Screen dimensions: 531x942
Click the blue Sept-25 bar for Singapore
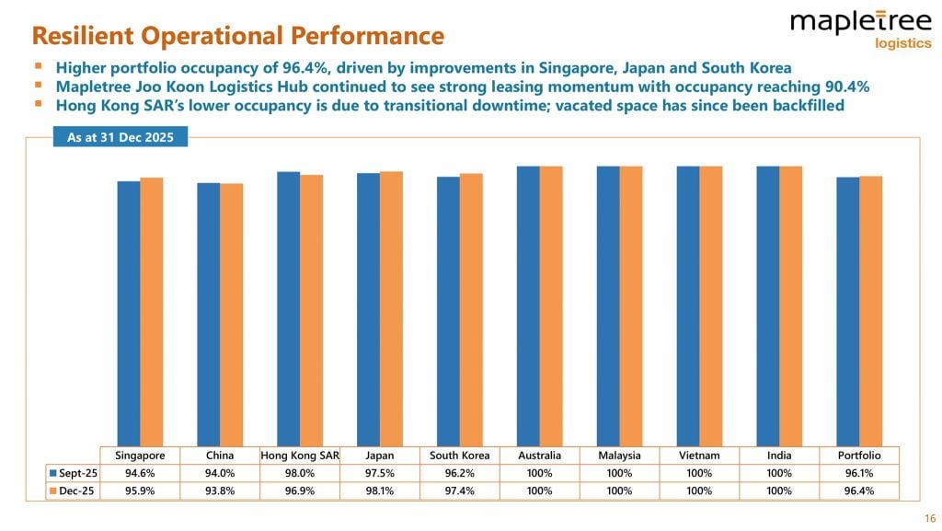(x=128, y=313)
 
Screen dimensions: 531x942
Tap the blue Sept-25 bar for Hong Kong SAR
(x=288, y=308)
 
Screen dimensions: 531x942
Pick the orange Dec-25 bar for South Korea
(x=471, y=309)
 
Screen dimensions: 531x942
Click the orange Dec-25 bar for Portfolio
(x=870, y=311)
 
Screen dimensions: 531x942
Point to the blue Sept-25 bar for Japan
(x=368, y=309)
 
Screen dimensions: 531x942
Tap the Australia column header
(x=539, y=456)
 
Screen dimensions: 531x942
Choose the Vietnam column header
(x=699, y=456)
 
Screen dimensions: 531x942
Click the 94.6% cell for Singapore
(x=140, y=473)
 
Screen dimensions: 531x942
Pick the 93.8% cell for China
(x=220, y=491)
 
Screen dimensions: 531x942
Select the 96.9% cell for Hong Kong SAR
(x=300, y=491)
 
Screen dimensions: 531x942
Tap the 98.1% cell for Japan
(x=380, y=491)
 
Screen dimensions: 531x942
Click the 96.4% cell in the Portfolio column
(x=859, y=491)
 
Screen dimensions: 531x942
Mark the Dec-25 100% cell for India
(x=779, y=491)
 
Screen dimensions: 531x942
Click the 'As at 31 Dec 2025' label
(x=120, y=138)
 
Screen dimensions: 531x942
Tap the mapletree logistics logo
(x=847, y=29)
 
